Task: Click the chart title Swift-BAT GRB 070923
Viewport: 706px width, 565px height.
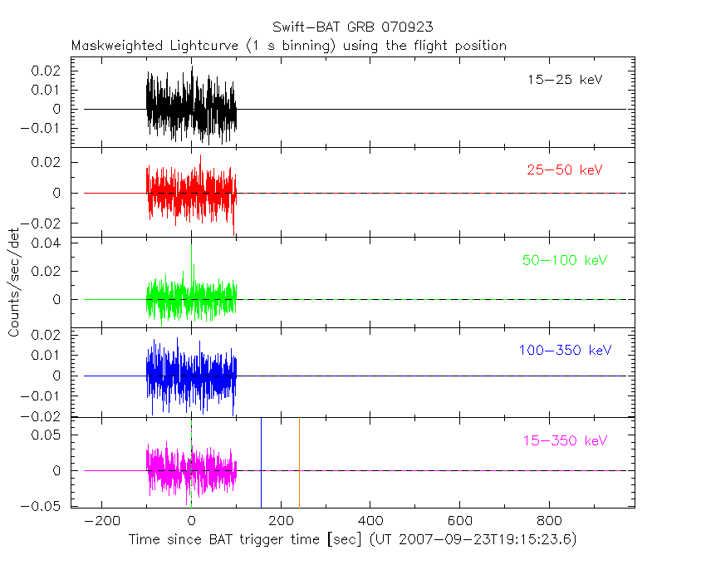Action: coord(352,27)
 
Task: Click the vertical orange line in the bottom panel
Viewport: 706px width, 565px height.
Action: coord(299,462)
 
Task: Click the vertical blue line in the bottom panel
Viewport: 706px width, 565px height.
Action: coord(262,462)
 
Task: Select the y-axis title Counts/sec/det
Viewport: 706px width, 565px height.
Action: coord(14,283)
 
